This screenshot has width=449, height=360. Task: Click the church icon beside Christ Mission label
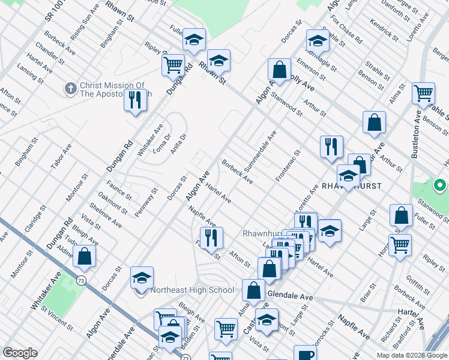(70, 89)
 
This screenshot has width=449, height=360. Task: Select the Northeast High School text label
(192, 290)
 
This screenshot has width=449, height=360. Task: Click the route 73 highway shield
(80, 280)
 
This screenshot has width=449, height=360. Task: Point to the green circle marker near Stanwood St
(439, 186)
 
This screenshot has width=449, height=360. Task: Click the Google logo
(20, 353)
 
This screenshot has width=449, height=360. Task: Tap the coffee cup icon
(306, 354)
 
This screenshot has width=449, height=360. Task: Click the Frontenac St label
(288, 166)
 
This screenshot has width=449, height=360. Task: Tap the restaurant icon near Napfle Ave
(211, 237)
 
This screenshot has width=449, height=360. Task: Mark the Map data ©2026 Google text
(411, 355)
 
